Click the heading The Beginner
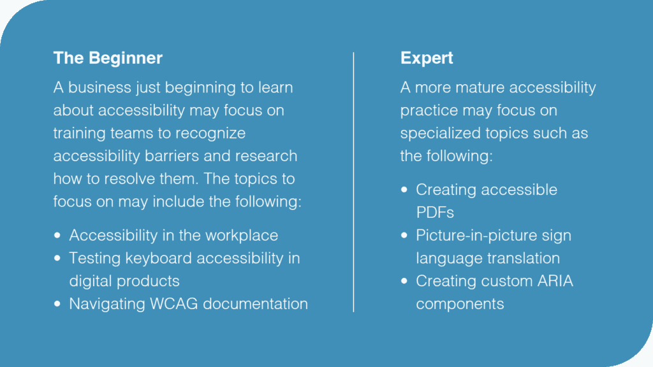108,58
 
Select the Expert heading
427,58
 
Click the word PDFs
435,213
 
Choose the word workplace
242,236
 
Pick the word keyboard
159,259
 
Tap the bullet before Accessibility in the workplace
57,236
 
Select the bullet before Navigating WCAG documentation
57,304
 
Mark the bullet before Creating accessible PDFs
404,190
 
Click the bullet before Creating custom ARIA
404,281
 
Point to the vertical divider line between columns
353,182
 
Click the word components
460,305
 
